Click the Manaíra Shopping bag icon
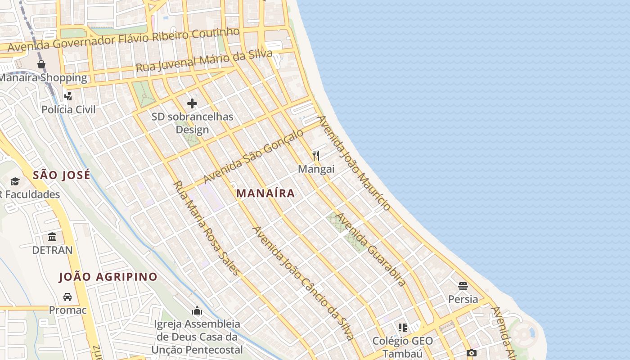[41, 64]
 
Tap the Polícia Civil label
[68, 109]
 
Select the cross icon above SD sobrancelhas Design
[192, 104]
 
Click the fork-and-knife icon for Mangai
[316, 156]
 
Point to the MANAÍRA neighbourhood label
[265, 193]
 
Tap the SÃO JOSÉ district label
[62, 175]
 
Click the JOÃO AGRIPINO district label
[108, 277]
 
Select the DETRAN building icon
[52, 237]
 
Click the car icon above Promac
[67, 297]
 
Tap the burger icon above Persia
[463, 286]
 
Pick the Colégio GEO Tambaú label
[403, 346]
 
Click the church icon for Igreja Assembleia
[197, 310]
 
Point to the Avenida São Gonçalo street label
[253, 156]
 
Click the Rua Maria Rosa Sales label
[206, 228]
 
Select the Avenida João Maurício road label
[354, 163]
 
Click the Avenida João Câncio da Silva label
[303, 283]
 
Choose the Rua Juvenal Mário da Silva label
[204, 61]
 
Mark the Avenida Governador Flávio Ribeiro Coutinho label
[124, 40]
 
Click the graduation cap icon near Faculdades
[15, 181]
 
